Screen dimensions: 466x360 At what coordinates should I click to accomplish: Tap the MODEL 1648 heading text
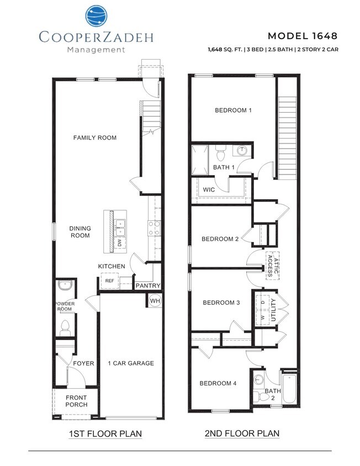pos(302,36)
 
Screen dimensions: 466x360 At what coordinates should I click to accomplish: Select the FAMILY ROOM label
pos(95,137)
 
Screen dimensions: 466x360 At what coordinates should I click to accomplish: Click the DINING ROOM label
pos(80,232)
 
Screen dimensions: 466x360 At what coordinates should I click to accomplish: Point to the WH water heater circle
pos(154,300)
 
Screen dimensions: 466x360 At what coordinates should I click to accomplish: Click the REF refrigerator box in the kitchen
pos(109,281)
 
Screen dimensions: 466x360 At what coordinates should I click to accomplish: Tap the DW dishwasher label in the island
pos(119,242)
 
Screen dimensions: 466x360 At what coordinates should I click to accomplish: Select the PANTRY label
pos(148,285)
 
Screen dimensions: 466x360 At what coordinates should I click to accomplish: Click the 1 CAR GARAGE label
pos(130,363)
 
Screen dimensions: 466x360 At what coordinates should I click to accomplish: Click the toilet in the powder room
pos(65,327)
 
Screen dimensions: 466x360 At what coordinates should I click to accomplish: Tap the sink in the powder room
pos(65,286)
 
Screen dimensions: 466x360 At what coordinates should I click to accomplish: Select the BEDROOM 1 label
pos(233,110)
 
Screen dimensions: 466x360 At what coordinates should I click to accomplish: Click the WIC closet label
pos(209,189)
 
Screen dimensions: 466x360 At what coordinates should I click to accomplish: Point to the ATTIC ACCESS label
pos(272,265)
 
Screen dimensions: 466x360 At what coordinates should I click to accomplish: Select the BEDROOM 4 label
pos(218,383)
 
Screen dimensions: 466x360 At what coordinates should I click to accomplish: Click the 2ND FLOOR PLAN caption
pos(242,433)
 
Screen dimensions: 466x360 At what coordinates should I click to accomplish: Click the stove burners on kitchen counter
pos(154,228)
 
